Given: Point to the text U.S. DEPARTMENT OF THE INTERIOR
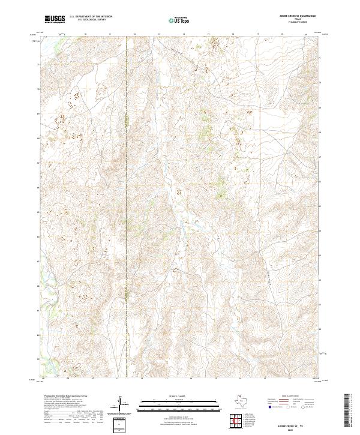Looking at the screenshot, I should point(91,17).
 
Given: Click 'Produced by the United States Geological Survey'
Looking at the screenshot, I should point(67,397).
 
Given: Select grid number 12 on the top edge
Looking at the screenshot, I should point(134,35).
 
